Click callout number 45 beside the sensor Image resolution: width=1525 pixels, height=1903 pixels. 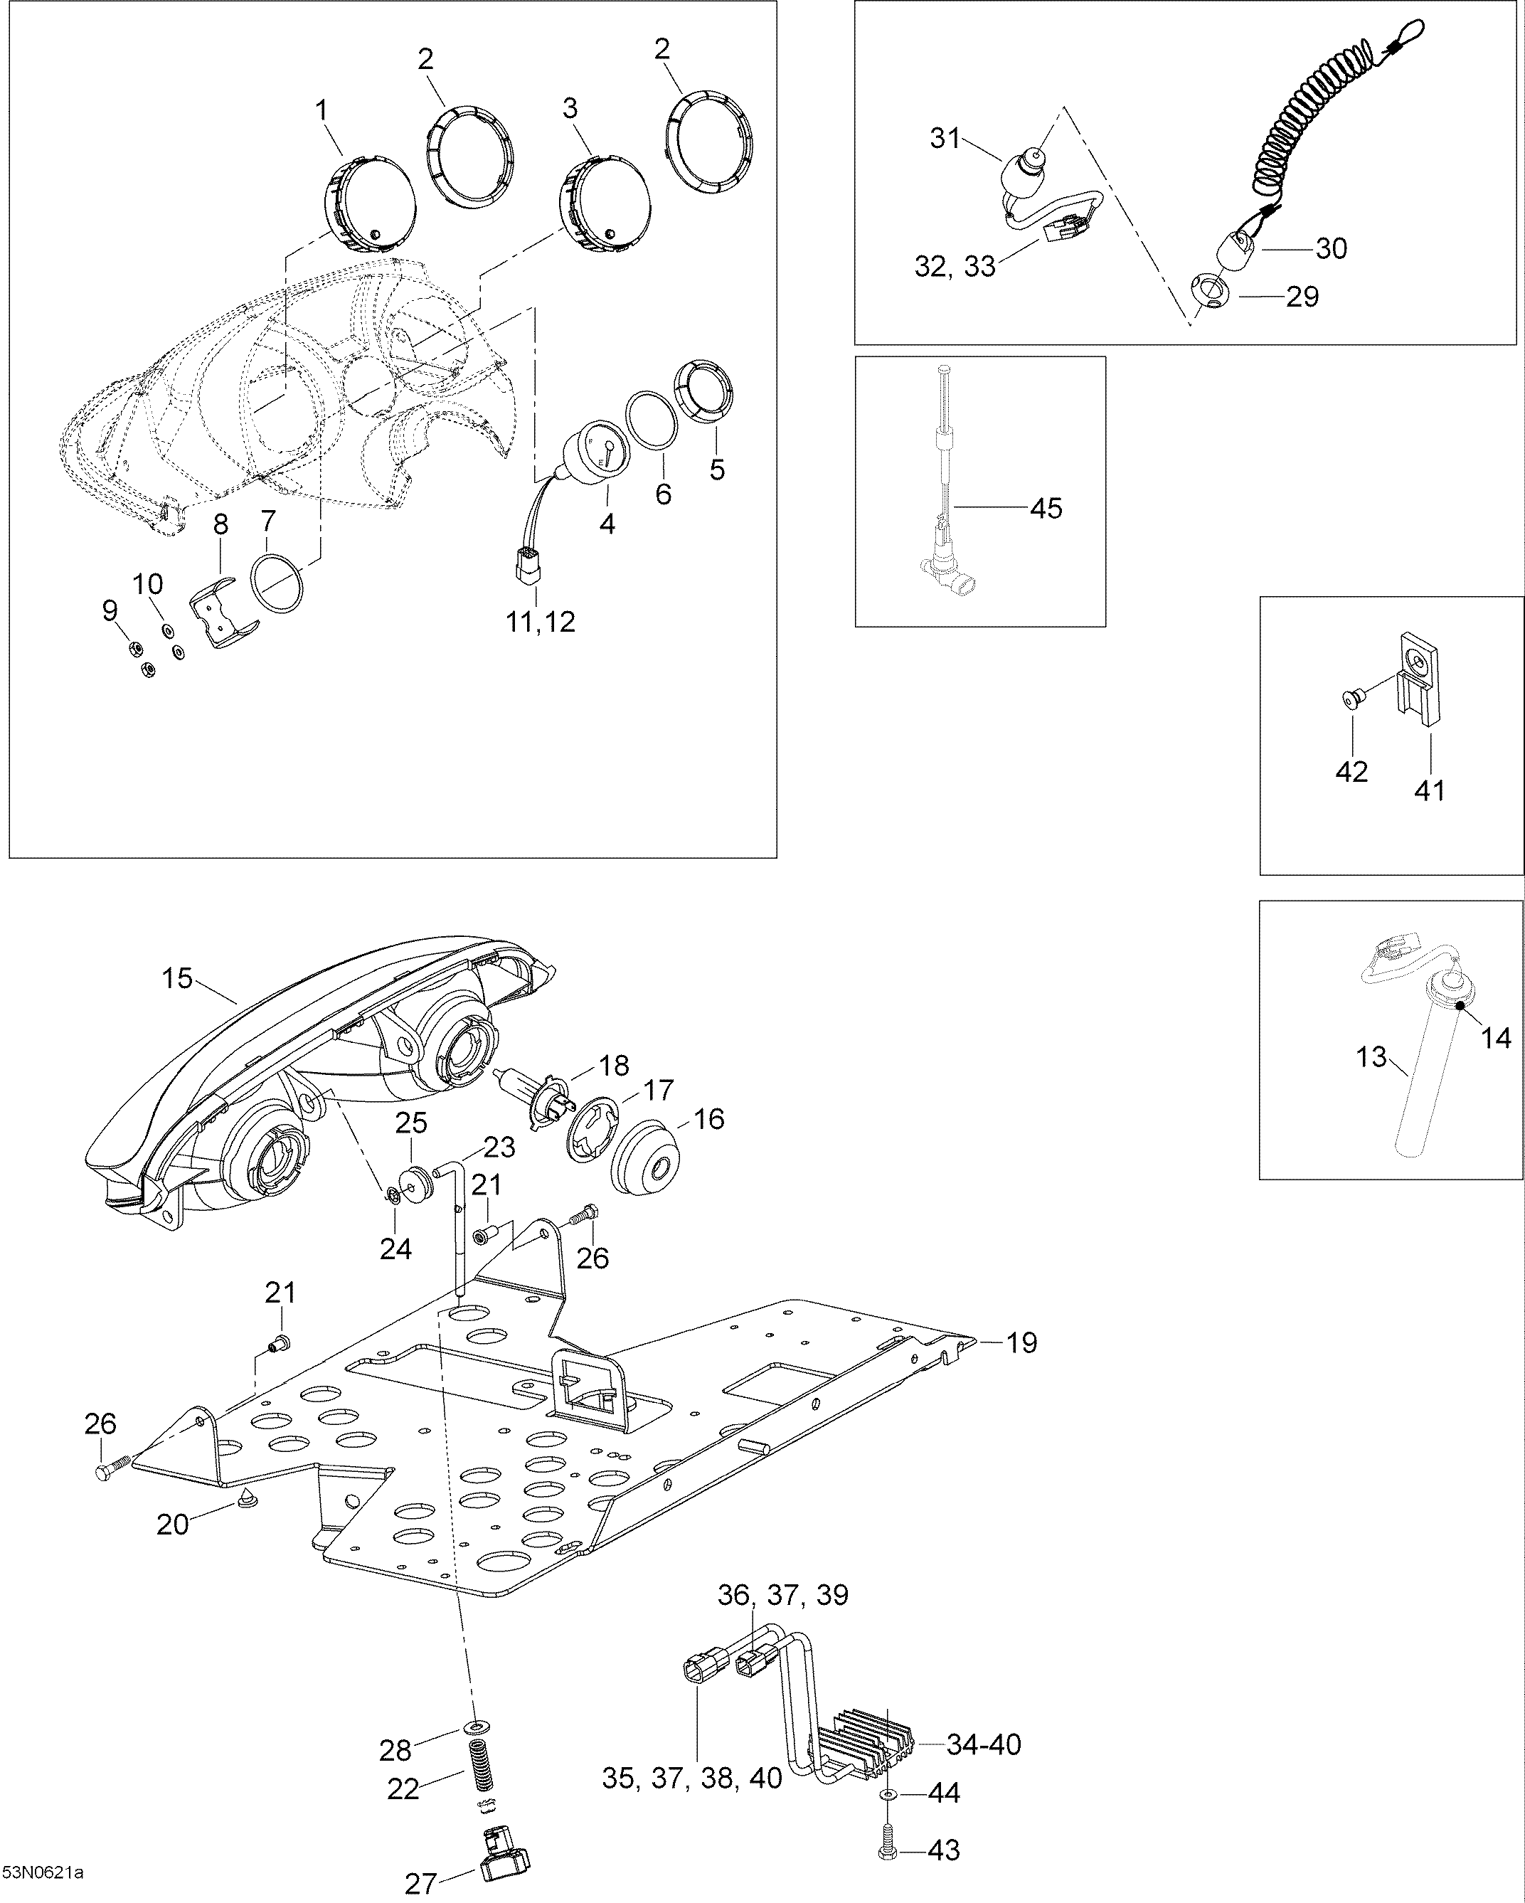pos(1047,509)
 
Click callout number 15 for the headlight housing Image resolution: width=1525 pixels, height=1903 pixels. pos(177,979)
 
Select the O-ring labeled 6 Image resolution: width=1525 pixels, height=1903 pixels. pos(652,423)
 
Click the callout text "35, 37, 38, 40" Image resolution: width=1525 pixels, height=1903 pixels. pos(692,1779)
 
